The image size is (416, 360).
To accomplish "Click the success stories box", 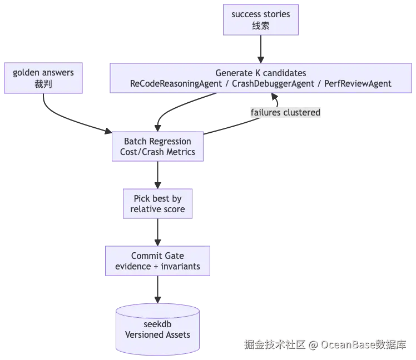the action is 260,20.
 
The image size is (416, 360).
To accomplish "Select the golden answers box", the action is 43,79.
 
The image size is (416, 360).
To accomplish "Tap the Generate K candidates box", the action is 260,78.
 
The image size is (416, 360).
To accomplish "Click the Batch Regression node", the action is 157,147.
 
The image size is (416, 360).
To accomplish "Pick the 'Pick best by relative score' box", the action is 157,204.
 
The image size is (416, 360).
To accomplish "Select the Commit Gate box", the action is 157,261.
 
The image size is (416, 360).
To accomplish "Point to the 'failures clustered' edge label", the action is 285,113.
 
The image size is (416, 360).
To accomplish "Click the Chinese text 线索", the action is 260,26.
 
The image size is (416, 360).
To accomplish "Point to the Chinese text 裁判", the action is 43,85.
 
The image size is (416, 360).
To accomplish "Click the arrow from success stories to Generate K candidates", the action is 260,50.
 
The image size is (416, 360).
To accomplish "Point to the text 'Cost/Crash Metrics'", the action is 157,152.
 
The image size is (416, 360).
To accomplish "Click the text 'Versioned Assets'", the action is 157,335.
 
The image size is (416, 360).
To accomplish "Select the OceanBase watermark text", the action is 325,344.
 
